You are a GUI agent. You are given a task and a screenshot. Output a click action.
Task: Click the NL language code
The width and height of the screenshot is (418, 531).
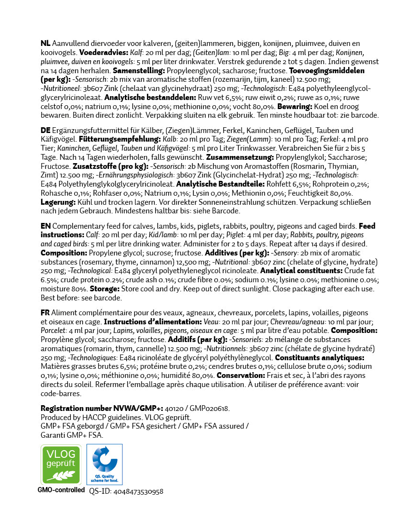tap(45, 44)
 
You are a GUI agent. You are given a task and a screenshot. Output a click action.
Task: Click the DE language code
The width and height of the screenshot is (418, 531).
tap(46, 131)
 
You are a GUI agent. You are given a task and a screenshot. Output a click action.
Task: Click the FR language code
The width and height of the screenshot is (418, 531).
tap(45, 313)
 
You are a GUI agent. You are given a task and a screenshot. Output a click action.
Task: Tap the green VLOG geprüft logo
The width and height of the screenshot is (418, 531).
tap(61, 464)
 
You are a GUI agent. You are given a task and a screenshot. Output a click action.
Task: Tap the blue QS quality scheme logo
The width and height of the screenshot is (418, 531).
tap(104, 464)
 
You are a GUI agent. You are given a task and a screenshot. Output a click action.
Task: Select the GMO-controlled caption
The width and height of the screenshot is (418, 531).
tap(61, 490)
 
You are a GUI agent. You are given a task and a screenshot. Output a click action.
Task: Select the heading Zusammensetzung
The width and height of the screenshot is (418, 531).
tap(239, 157)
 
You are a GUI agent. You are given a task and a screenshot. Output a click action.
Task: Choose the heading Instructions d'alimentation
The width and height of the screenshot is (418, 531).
tap(153, 322)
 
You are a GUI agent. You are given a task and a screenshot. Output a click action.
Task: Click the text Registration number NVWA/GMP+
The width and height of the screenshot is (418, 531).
tap(101, 408)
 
